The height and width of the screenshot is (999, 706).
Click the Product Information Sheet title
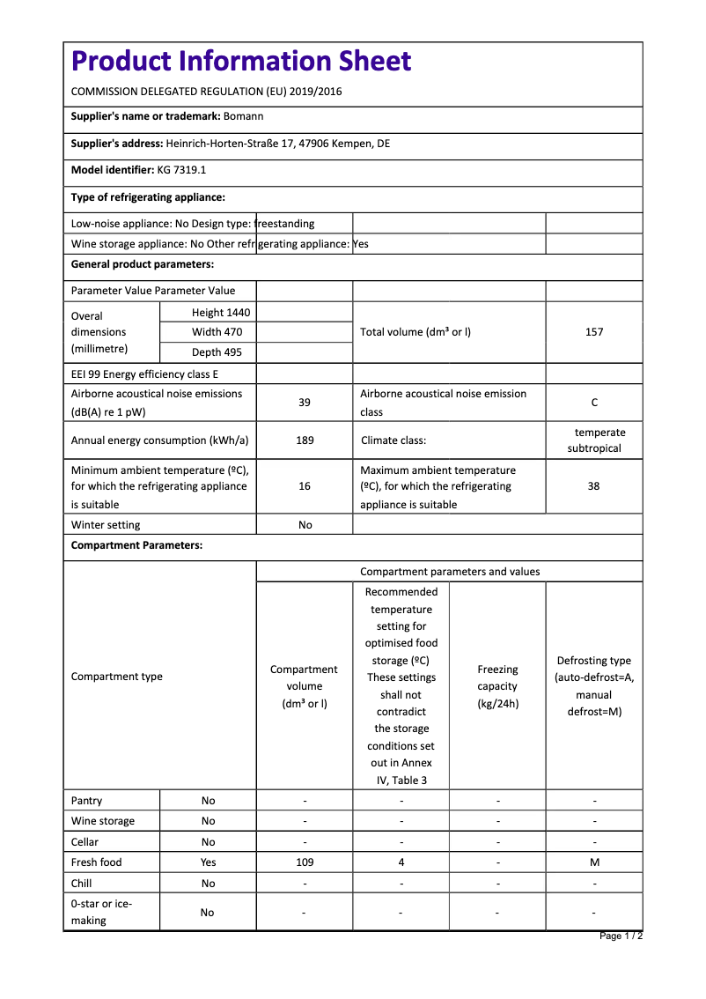[x=241, y=61]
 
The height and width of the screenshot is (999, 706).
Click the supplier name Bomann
[x=243, y=116]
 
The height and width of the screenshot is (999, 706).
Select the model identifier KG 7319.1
[x=181, y=170]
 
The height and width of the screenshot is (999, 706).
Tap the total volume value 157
[x=594, y=332]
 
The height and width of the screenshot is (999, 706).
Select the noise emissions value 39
[x=305, y=403]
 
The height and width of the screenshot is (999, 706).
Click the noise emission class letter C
[x=594, y=403]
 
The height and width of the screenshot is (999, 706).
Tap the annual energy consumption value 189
[x=305, y=440]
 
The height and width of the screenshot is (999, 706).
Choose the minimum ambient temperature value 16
[x=305, y=486]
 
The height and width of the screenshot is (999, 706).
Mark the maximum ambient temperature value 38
[x=594, y=486]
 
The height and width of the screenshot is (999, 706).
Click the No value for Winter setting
[x=305, y=525]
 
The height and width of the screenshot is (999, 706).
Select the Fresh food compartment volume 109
[x=305, y=862]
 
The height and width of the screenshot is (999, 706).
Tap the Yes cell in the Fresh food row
[x=208, y=862]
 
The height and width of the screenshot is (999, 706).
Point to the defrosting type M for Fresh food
[x=594, y=862]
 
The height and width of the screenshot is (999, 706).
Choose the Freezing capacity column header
[x=497, y=686]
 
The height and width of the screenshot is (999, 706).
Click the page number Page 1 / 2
[x=621, y=936]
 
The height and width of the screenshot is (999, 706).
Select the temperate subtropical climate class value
[x=594, y=440]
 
